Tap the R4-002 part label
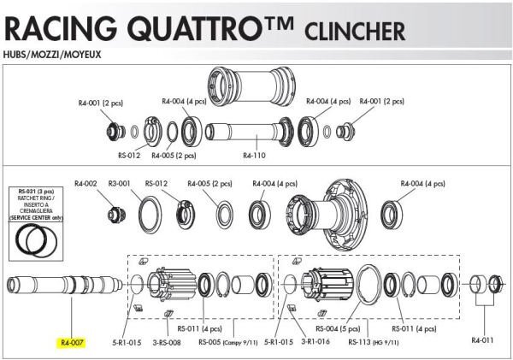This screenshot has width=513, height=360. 86,182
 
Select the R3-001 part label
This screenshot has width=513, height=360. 117,182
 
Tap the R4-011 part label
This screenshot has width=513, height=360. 483,339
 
